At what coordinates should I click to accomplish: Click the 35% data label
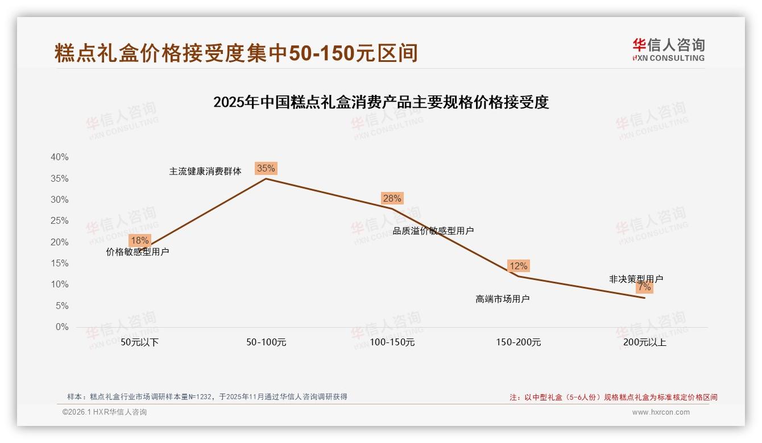266,168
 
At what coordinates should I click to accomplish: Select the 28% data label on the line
392,198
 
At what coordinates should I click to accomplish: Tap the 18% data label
139,241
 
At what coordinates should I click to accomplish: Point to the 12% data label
518,266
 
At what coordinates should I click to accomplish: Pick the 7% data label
644,287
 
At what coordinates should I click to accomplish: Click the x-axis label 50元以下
139,342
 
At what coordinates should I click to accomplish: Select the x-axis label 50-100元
266,342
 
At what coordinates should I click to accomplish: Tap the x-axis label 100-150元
392,342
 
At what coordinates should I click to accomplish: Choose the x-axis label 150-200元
518,342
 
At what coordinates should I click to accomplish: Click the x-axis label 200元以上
644,342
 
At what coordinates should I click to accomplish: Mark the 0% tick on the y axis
61,327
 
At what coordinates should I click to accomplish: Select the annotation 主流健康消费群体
205,172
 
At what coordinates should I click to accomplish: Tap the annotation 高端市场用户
502,299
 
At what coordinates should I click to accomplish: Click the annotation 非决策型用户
636,279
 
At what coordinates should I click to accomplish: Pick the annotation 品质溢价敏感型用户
433,231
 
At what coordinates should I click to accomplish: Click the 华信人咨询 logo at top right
668,50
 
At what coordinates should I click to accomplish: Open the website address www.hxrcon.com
660,412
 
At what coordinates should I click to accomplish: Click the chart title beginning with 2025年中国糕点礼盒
380,102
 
